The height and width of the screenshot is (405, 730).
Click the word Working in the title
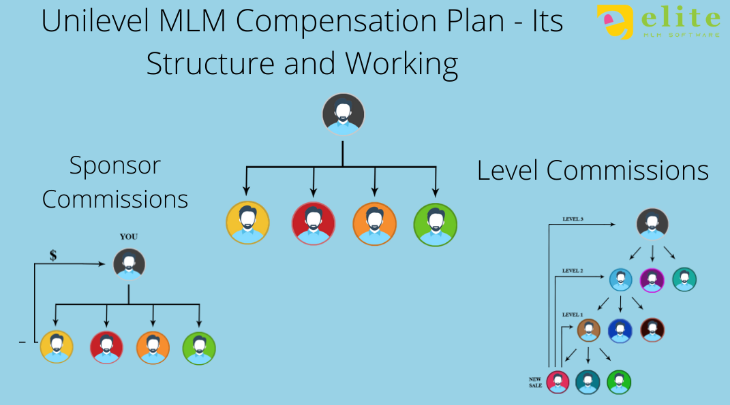point(401,63)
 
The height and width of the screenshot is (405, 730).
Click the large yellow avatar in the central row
point(247,223)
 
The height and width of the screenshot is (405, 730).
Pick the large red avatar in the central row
point(313,223)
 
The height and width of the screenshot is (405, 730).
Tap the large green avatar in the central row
point(436,223)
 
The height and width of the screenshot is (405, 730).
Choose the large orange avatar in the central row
point(374,223)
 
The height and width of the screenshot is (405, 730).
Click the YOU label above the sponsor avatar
point(129,237)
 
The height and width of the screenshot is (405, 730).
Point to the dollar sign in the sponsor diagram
point(53,256)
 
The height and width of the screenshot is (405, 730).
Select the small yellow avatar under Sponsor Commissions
point(57,346)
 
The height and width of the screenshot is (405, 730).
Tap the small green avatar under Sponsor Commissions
point(199,347)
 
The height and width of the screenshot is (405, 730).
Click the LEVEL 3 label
point(573,220)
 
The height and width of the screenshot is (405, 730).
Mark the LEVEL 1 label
point(572,314)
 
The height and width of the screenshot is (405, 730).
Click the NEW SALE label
point(536,382)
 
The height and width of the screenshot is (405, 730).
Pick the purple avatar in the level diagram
point(652,280)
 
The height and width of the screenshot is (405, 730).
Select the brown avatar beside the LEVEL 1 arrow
point(588,331)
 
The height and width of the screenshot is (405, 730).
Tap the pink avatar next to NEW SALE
point(558,382)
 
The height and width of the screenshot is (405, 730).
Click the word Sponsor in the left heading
point(115,165)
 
